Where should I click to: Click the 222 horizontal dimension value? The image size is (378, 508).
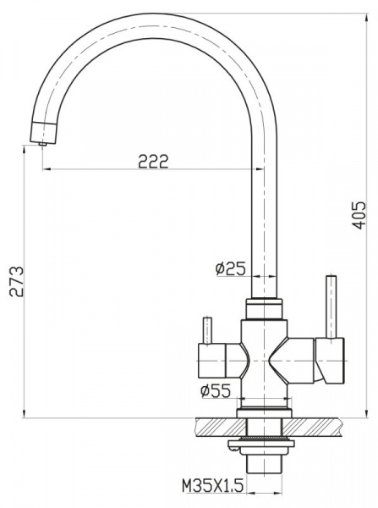(152, 161)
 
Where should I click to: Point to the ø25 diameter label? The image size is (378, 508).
(230, 269)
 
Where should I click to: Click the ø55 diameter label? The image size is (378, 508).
(216, 390)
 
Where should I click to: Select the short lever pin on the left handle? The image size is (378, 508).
(205, 329)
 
